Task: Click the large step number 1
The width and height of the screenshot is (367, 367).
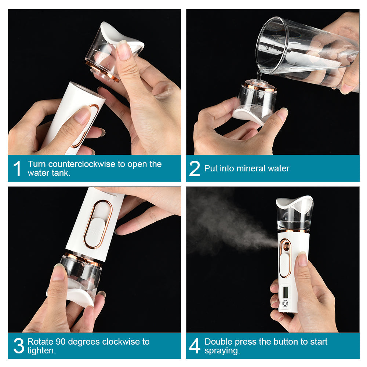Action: pos(17,168)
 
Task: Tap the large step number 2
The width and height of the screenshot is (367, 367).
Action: pos(195,168)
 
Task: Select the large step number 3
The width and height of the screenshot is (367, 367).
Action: pos(18,346)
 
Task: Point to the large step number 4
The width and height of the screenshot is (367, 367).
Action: pos(195,346)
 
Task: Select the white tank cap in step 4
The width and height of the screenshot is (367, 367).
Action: pos(295,202)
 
